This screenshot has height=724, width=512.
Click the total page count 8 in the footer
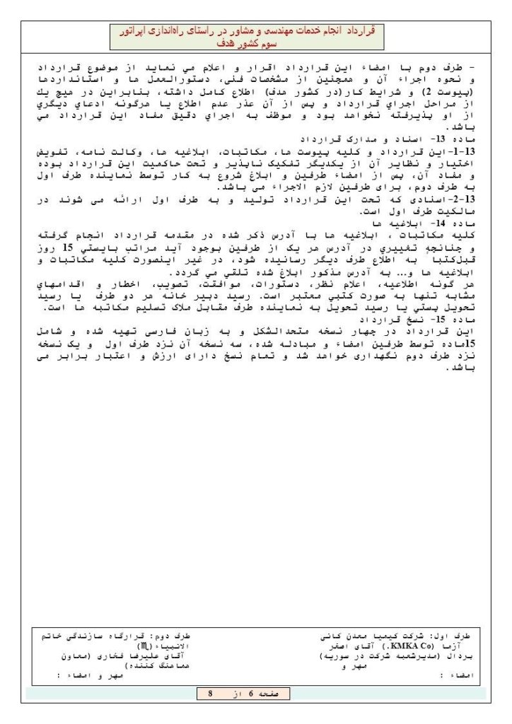coord(210,694)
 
